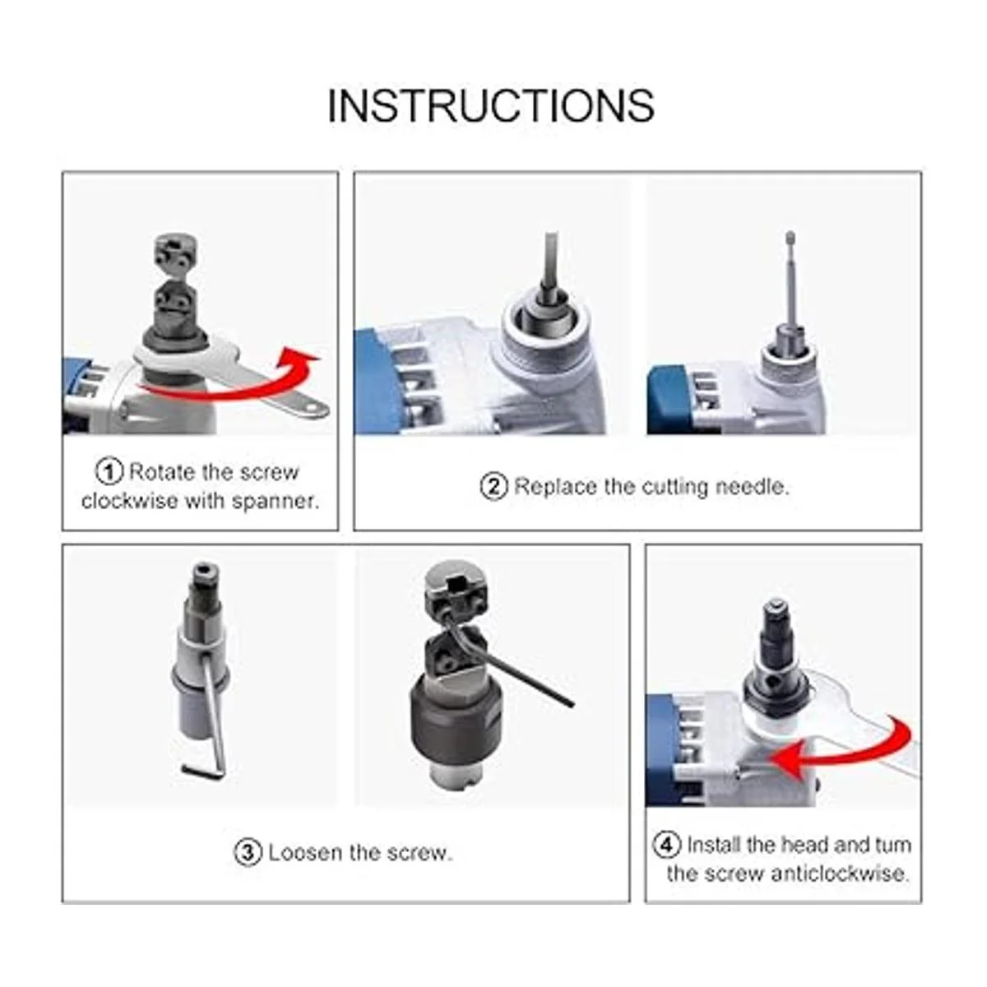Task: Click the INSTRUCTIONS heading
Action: (x=491, y=105)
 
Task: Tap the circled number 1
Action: (x=109, y=471)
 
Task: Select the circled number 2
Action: (x=493, y=486)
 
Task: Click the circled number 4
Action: (x=667, y=844)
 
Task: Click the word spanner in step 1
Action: (x=276, y=501)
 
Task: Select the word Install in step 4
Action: (x=714, y=844)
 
